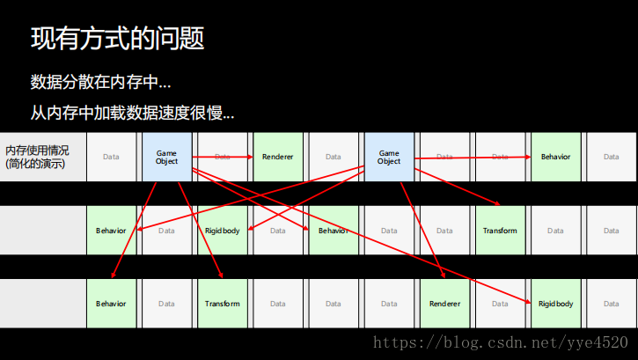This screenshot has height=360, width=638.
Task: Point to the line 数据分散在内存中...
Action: pyautogui.click(x=100, y=83)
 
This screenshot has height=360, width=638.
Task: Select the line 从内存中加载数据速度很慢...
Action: pyautogui.click(x=132, y=114)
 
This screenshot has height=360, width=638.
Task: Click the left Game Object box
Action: pyautogui.click(x=166, y=157)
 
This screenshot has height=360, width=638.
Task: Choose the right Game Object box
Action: pyautogui.click(x=388, y=157)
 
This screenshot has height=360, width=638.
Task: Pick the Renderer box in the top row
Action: pyautogui.click(x=277, y=157)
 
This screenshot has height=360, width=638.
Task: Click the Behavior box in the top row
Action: pyautogui.click(x=555, y=157)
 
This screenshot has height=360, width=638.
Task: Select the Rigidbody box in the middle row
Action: pyautogui.click(x=222, y=231)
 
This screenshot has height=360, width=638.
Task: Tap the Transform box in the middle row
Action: pyautogui.click(x=500, y=231)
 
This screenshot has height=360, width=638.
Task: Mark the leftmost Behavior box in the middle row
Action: pyautogui.click(x=111, y=231)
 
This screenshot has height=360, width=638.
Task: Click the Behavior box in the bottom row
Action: pyautogui.click(x=111, y=304)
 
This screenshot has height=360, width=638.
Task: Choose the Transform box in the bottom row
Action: pyautogui.click(x=222, y=304)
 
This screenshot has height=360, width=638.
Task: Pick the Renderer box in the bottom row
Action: pyautogui.click(x=444, y=304)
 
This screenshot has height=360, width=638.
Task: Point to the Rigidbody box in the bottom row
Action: pyautogui.click(x=555, y=304)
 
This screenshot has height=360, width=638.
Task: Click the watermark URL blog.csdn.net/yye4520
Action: pyautogui.click(x=500, y=342)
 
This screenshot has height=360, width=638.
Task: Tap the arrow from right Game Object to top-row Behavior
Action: pyautogui.click(x=471, y=158)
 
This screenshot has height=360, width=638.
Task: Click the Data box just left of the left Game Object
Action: pyautogui.click(x=111, y=157)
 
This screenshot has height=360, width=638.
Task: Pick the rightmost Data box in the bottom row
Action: pyautogui.click(x=611, y=304)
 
